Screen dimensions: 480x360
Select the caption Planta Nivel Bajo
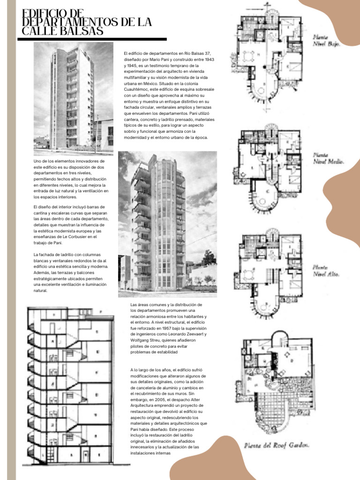coord(326,40)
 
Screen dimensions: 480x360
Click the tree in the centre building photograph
coord(209,258)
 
